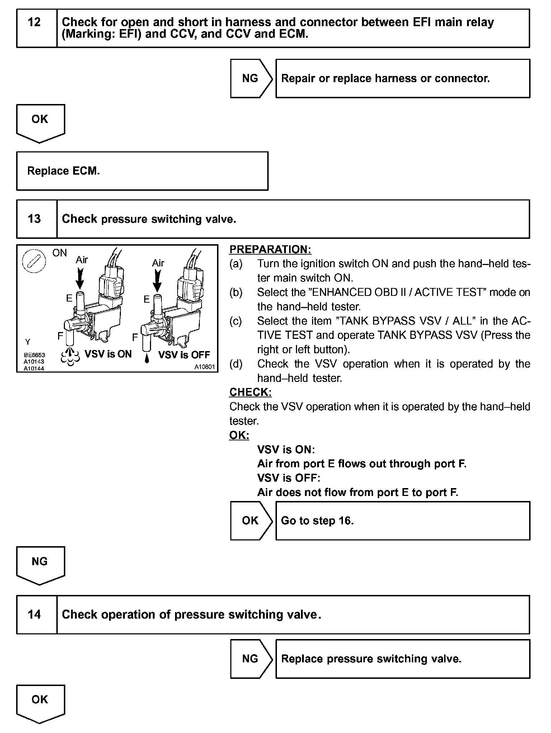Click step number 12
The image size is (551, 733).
[34, 23]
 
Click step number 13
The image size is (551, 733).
[34, 219]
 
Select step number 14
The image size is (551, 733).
[34, 614]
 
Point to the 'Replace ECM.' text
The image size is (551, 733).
[63, 171]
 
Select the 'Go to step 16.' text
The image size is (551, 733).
[317, 520]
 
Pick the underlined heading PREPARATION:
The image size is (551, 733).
[270, 249]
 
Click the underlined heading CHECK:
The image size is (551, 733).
[250, 392]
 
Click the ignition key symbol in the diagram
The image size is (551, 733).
[34, 261]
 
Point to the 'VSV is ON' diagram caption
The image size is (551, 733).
[108, 354]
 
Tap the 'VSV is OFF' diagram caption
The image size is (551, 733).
[184, 355]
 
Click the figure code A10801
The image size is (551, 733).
[204, 367]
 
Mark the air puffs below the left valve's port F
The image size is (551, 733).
[70, 355]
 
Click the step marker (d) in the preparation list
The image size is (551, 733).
[236, 364]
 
